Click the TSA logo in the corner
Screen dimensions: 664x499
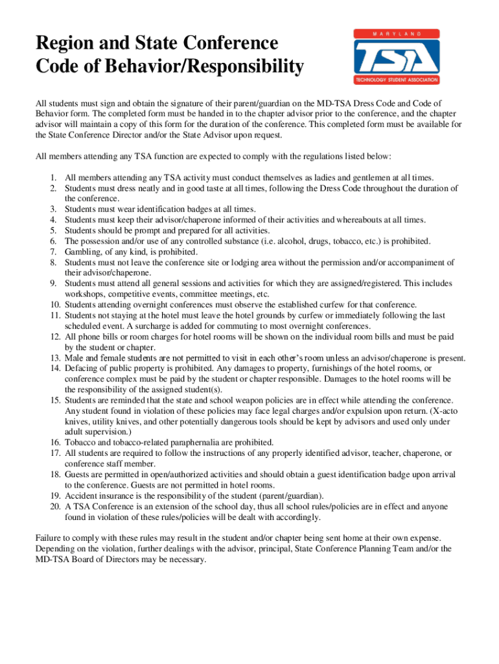click(x=397, y=58)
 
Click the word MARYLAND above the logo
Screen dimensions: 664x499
click(x=397, y=33)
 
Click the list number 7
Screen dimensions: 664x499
click(x=53, y=252)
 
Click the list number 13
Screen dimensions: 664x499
click(x=52, y=358)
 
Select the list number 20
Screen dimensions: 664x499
click(x=52, y=506)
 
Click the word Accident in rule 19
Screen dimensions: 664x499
click(x=81, y=495)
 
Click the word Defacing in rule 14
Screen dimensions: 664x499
click(x=81, y=368)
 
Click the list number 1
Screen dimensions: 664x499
click(x=53, y=178)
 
